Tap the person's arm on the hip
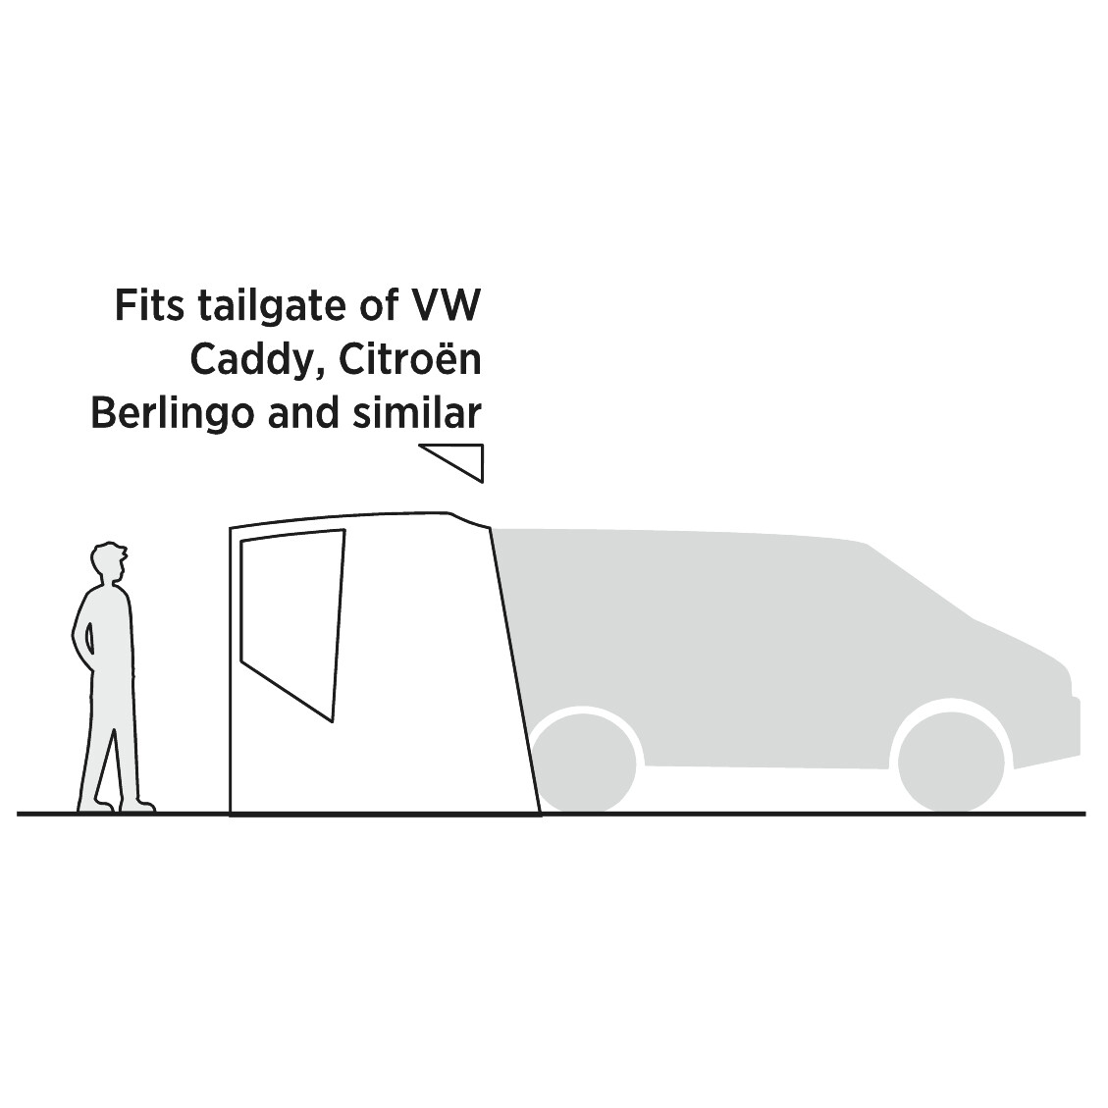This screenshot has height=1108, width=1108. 83,638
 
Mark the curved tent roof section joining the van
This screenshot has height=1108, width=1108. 469,519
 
